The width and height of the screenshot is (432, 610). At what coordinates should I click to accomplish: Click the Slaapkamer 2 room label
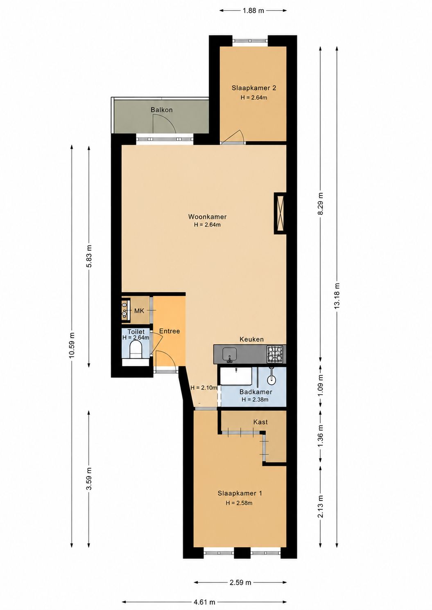(254, 88)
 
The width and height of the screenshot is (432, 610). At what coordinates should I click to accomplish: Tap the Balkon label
(162, 110)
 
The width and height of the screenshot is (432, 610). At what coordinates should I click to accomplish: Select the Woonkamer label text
(208, 217)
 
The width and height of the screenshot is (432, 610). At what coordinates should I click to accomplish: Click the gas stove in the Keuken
(276, 354)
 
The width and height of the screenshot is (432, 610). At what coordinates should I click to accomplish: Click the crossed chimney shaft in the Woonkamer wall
(280, 213)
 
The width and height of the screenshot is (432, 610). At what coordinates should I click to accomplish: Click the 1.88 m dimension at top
(253, 11)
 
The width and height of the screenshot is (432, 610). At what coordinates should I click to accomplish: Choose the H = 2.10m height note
(204, 387)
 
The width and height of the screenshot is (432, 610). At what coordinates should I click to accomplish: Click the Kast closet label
(260, 422)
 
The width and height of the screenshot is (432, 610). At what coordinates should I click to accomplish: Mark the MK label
(139, 311)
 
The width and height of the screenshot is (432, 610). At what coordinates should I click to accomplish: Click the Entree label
(170, 331)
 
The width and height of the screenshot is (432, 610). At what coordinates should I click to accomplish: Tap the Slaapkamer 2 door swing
(235, 135)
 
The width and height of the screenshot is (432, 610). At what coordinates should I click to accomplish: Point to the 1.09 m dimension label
(321, 385)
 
